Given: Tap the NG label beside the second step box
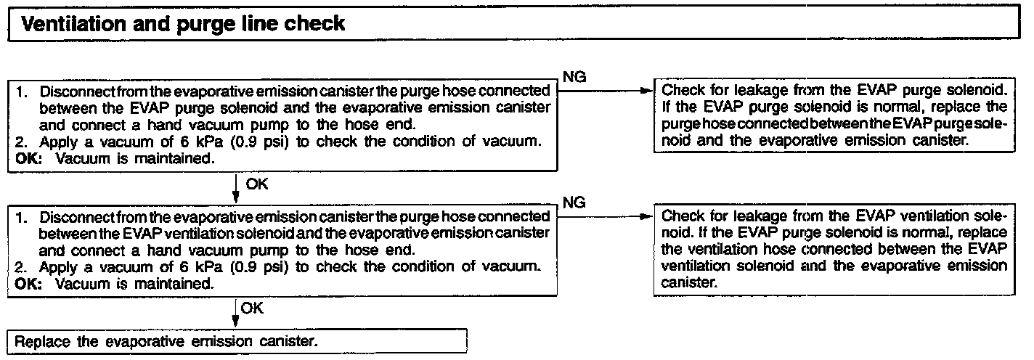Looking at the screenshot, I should pyautogui.click(x=575, y=202).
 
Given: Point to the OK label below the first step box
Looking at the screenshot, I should pyautogui.click(x=257, y=184).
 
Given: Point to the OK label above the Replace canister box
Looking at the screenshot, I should pyautogui.click(x=253, y=308).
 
